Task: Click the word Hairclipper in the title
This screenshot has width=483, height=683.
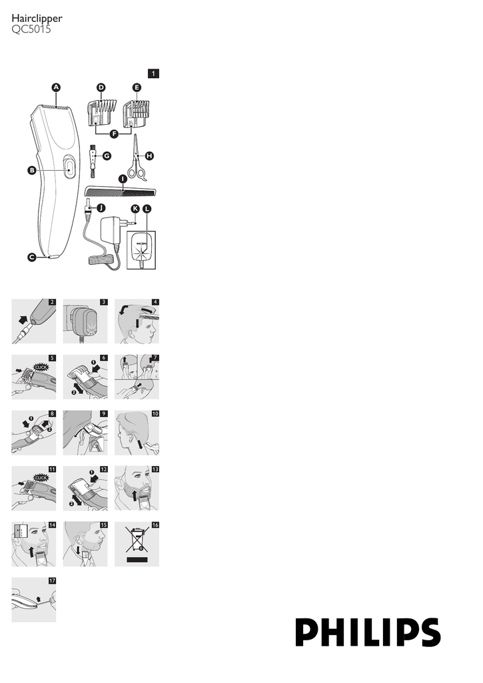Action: [37, 19]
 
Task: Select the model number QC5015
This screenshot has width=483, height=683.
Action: [31, 29]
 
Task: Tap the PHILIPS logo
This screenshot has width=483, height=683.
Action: [368, 632]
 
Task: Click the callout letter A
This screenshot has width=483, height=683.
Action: [56, 87]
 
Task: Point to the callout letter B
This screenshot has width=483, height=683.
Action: [32, 171]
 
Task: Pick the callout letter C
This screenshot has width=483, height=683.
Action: [32, 257]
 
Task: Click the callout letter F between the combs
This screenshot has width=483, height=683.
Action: [114, 134]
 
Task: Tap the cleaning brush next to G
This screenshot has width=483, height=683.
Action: [93, 161]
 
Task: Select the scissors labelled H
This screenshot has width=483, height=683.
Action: [137, 157]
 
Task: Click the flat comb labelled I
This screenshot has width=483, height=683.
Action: [120, 191]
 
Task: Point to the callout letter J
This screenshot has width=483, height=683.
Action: [101, 208]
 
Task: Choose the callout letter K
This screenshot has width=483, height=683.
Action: [135, 209]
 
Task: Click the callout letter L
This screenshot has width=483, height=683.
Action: [147, 209]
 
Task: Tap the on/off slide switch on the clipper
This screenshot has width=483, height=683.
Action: [69, 167]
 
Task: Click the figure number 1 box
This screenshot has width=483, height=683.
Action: [154, 73]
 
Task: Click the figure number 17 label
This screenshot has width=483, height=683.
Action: [52, 581]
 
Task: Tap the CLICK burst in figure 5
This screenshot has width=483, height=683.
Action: [41, 367]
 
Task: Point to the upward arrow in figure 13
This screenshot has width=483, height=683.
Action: [135, 496]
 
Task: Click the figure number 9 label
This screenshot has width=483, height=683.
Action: [103, 414]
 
